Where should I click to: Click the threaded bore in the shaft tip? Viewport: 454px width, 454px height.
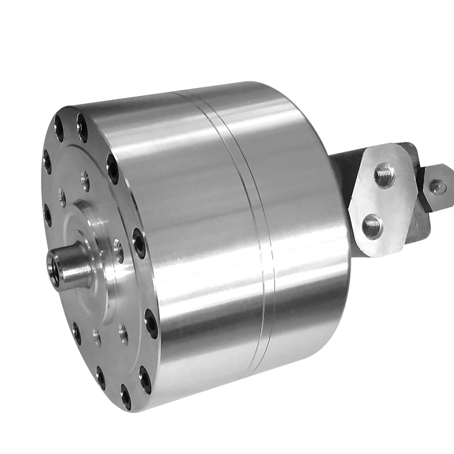click(x=54, y=263)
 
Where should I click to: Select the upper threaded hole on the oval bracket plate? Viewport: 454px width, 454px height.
click(x=384, y=175)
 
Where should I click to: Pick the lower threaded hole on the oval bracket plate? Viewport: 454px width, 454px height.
click(x=372, y=225)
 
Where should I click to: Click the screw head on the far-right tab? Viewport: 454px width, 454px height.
click(x=438, y=186)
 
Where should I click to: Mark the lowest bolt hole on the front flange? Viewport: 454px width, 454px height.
click(x=125, y=397)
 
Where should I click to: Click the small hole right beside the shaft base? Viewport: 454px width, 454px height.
click(x=118, y=250)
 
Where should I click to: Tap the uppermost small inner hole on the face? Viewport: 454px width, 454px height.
click(x=85, y=180)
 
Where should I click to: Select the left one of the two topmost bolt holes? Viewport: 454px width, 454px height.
click(x=59, y=128)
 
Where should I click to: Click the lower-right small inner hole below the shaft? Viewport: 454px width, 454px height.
click(x=123, y=333)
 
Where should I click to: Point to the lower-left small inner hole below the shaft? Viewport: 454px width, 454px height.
click(x=97, y=338)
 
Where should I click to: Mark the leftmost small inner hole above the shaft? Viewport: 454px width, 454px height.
click(x=62, y=198)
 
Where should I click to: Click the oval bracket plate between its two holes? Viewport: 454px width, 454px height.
click(x=379, y=200)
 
